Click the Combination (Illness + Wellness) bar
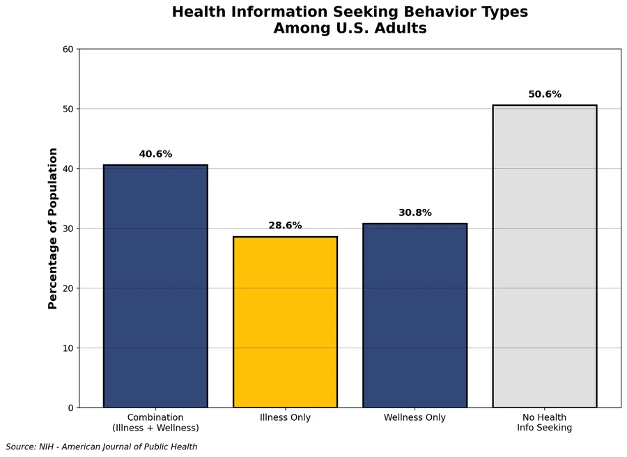[155, 286]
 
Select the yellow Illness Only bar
[285, 322]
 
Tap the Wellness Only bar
[415, 316]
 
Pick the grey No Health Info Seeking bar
[544, 256]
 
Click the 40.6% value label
[155, 154]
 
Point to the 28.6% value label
[285, 226]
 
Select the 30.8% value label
[415, 212]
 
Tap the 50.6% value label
[544, 94]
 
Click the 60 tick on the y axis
[68, 49]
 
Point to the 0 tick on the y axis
[70, 408]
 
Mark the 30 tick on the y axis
[68, 228]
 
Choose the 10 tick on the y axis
[68, 348]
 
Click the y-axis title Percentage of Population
[53, 228]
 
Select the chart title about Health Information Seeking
[350, 20]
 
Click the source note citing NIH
[102, 447]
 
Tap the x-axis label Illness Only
[285, 418]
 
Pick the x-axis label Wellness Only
[415, 418]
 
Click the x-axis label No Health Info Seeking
[544, 423]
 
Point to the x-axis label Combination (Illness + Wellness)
[155, 423]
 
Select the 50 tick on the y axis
[68, 109]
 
